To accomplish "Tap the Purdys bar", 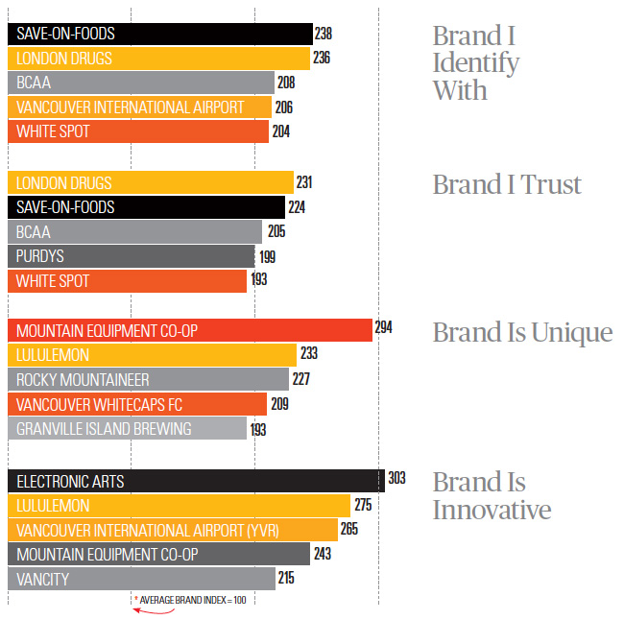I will point(131,256).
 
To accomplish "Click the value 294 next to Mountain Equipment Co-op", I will point(383,328).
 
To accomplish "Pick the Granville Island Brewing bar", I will point(127,429).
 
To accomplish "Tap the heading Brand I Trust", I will point(507,184).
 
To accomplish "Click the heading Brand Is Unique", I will point(522,332).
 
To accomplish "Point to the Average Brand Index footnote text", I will point(192,600).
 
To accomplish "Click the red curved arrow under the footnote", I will point(146,608).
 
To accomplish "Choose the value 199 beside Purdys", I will point(268,256).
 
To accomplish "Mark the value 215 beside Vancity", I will point(284,578).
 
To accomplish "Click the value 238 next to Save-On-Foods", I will point(324,34).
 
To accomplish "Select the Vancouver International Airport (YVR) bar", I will point(172,530).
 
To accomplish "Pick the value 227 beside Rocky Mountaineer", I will point(300,379).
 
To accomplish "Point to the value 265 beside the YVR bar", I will point(349,530).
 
